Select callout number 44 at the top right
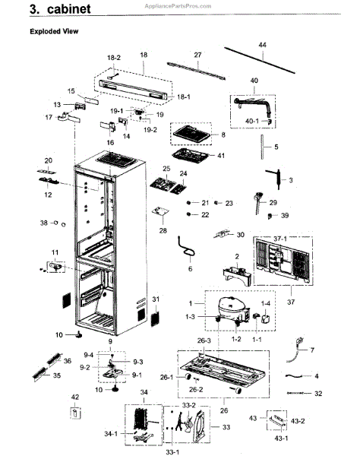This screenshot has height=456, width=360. pos(262,45)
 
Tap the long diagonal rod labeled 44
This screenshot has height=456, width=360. pos(260,61)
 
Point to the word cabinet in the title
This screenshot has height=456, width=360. pos(69,8)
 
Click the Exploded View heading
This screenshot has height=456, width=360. pos(54,31)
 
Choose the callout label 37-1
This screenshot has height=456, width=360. pos(280,239)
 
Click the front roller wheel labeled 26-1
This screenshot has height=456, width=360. pos(188,377)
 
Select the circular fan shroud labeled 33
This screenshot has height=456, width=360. pos(200,426)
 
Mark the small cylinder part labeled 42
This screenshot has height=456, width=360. pos(75,413)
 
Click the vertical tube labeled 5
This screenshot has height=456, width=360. pos(262,147)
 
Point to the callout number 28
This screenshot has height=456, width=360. pos(163,230)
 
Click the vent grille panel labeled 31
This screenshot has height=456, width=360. pos(156,318)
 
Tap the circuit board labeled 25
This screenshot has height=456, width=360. pos(163,185)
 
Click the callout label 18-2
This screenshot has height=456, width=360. pos(114,58)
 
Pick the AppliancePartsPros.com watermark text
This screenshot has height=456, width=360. pos(178,6)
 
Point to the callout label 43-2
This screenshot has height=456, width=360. pos(298,421)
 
